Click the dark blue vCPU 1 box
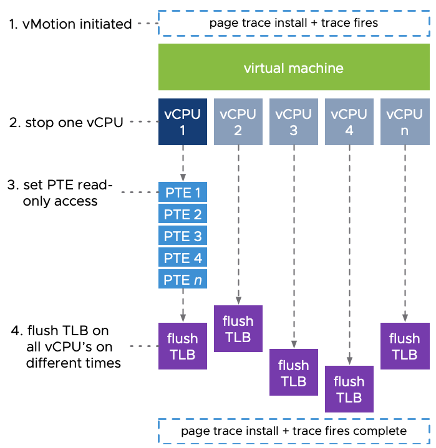click(x=182, y=122)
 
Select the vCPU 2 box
click(x=238, y=122)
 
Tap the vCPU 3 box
click(x=293, y=122)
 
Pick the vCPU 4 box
click(x=349, y=122)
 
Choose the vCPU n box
click(x=404, y=122)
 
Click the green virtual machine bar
click(x=294, y=67)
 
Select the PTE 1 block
click(x=182, y=193)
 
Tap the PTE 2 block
click(x=182, y=214)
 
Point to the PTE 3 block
click(x=182, y=236)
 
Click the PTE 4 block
click(x=182, y=257)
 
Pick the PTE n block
click(x=182, y=279)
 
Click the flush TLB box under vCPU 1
click(x=182, y=346)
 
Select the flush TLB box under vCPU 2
click(x=238, y=328)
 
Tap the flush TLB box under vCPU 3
click(x=293, y=372)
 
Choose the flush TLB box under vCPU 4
click(x=349, y=389)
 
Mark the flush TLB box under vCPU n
click(x=404, y=346)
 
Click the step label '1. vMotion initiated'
click(x=70, y=24)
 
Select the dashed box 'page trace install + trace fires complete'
click(x=294, y=431)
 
